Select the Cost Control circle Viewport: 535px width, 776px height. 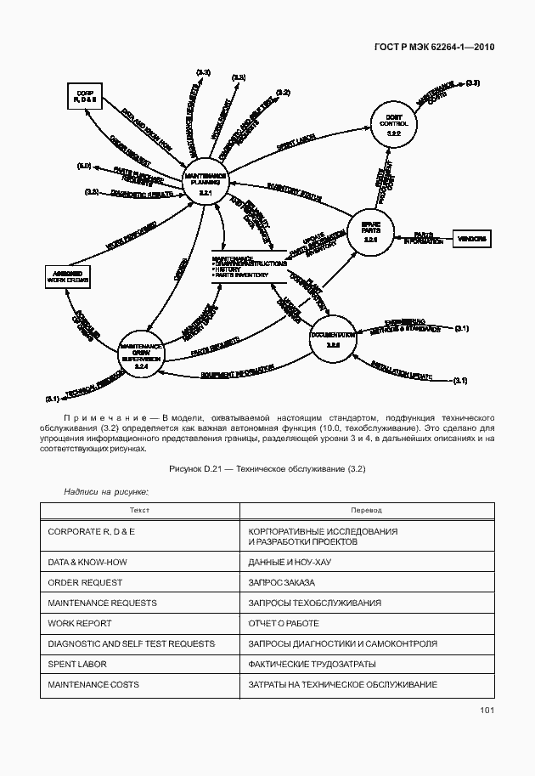(392, 123)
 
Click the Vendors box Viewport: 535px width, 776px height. (473, 239)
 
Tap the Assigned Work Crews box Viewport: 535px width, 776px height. (68, 275)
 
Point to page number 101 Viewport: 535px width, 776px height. (487, 710)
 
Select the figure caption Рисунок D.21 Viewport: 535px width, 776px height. (267, 468)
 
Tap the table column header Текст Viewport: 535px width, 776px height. (139, 510)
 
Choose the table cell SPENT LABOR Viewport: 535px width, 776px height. (78, 664)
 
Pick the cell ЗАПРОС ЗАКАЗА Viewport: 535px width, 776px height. (280, 582)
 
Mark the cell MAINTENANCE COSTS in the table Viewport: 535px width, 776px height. (93, 684)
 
